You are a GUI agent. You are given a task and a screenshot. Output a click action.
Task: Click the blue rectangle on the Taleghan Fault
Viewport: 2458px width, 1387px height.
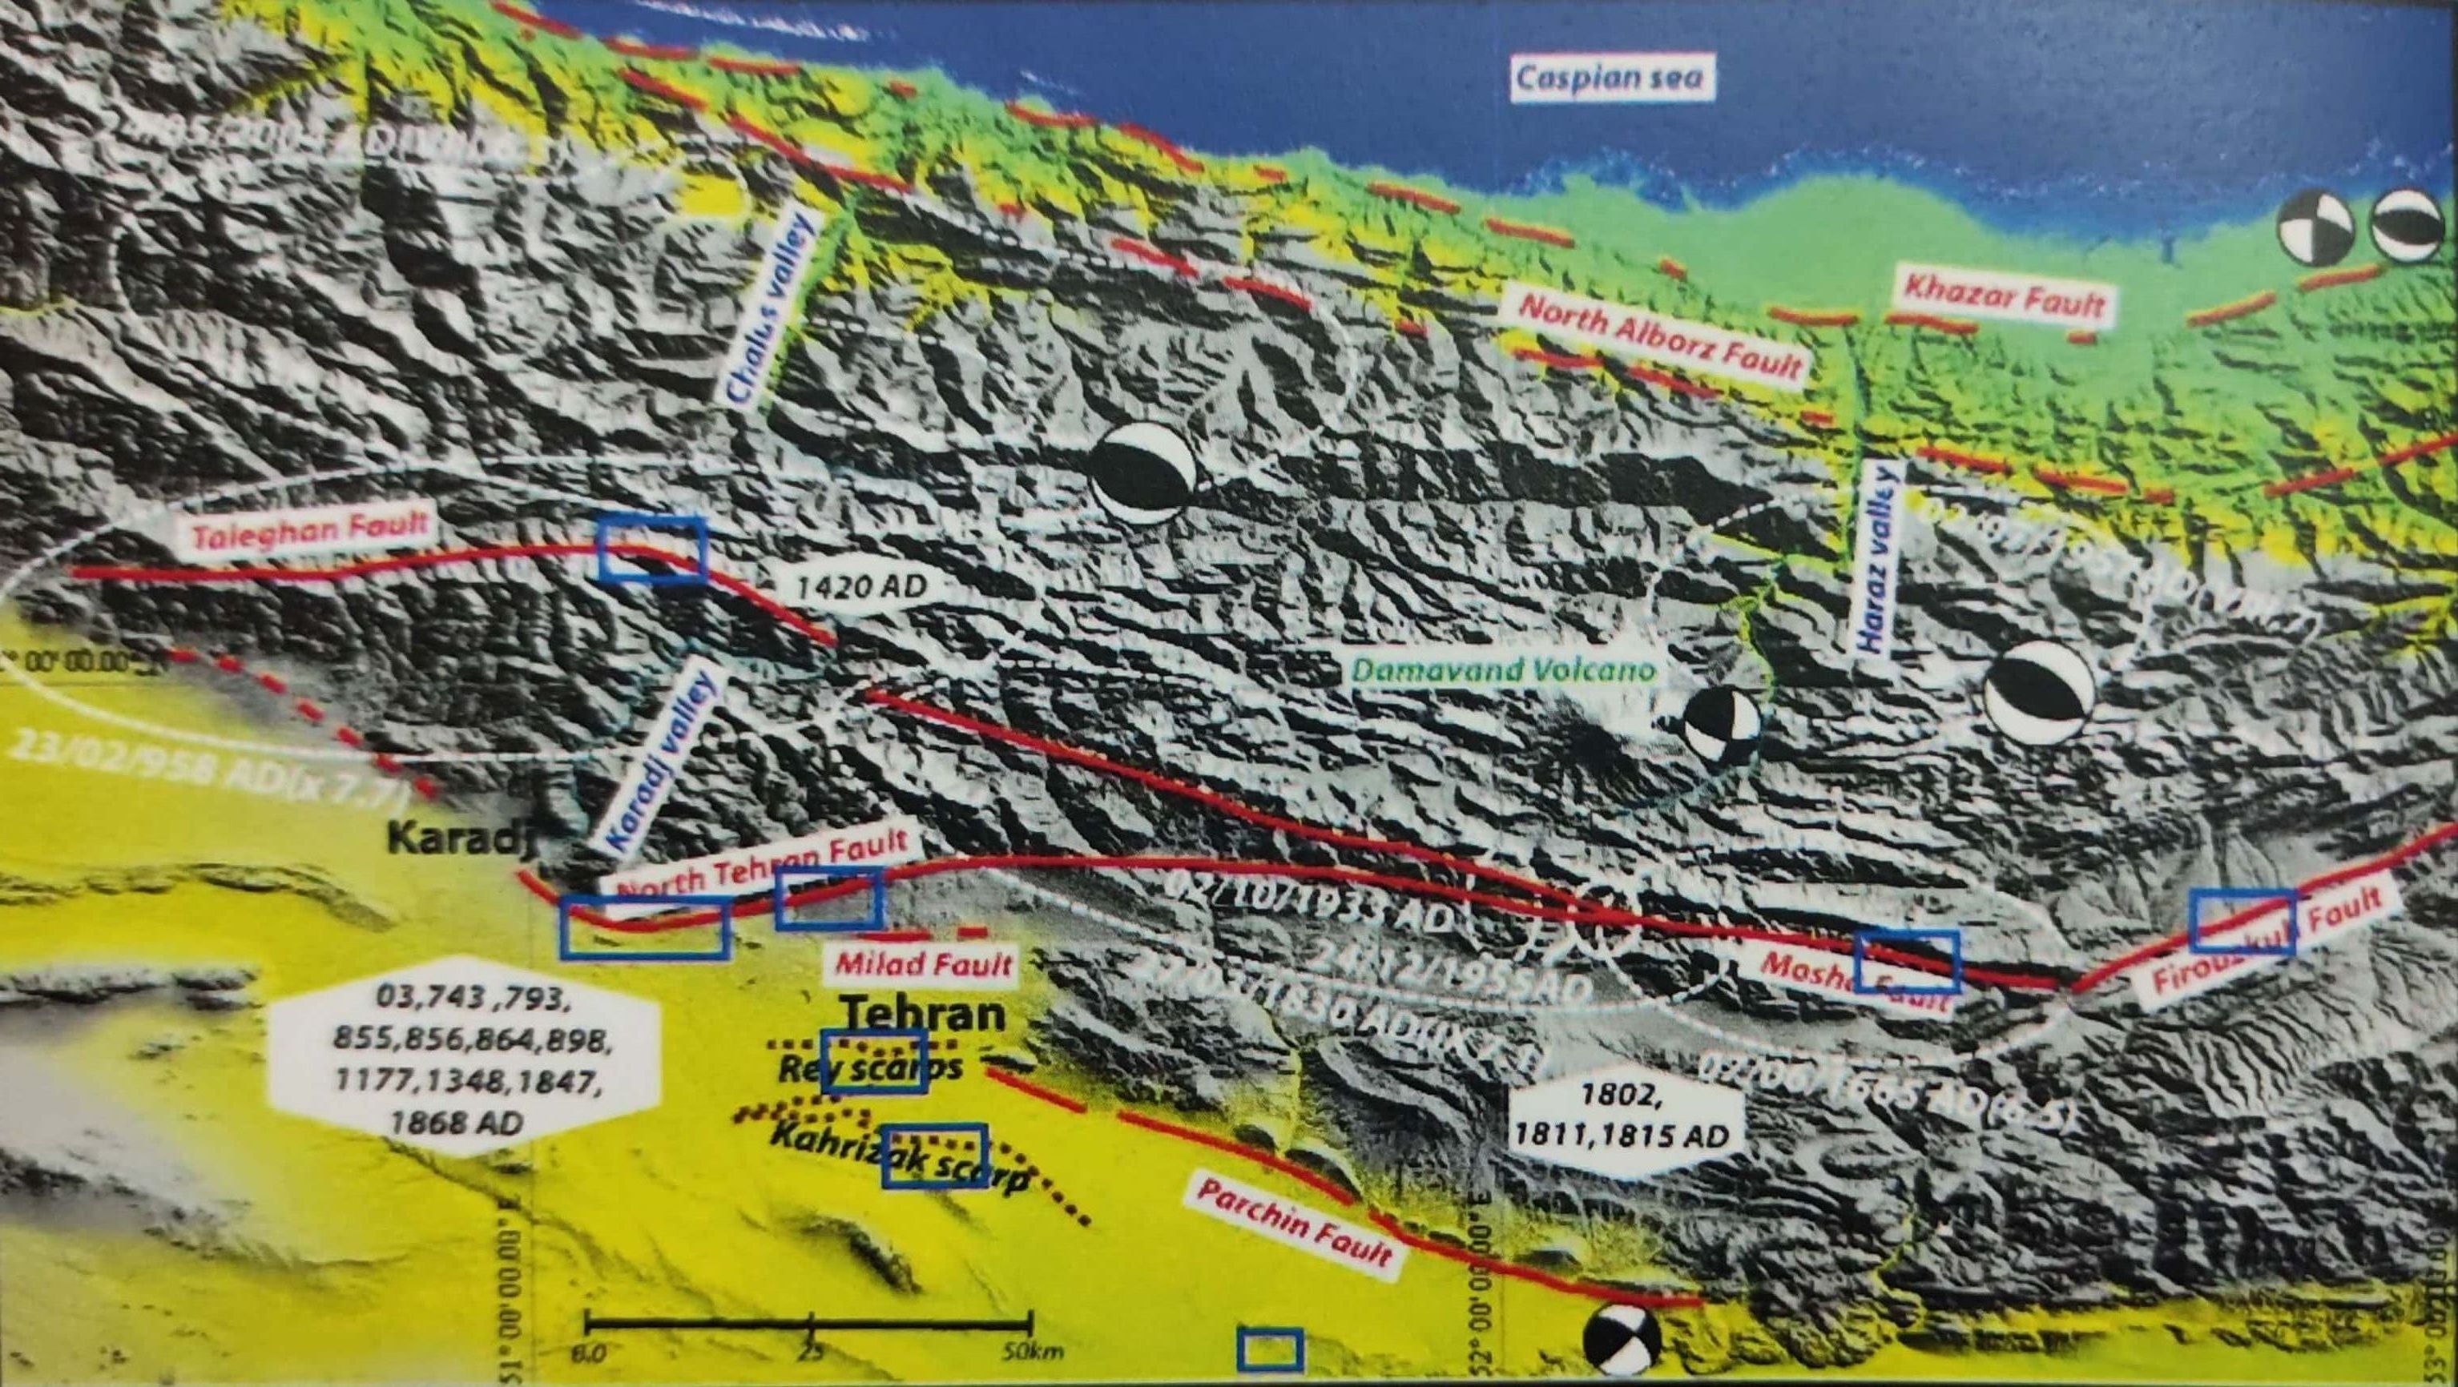(x=653, y=549)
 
